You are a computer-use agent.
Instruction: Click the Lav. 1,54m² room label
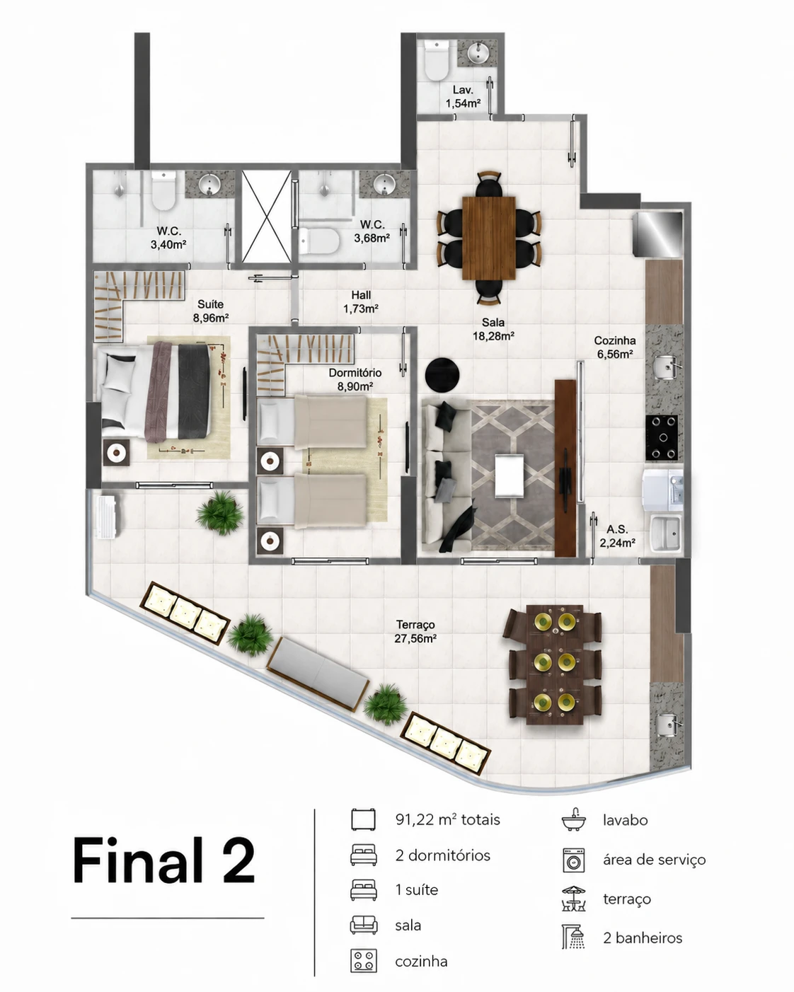point(463,96)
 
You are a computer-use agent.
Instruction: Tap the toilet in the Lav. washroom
point(437,60)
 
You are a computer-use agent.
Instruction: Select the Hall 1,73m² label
point(361,301)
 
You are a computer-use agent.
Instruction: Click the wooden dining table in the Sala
point(489,238)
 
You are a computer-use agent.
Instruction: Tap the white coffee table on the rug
point(510,475)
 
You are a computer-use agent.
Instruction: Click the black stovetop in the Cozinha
point(661,437)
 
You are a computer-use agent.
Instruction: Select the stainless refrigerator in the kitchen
point(658,234)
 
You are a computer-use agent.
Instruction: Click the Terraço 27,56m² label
point(415,631)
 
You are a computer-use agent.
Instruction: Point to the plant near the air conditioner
point(220,512)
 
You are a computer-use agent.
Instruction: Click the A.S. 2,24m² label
point(617,536)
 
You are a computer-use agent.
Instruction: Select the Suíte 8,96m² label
point(211,311)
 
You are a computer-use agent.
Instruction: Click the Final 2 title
point(163,860)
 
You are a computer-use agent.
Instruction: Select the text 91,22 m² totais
point(448,819)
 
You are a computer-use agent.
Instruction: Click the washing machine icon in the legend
point(574,860)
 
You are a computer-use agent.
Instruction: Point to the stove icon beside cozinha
point(363,961)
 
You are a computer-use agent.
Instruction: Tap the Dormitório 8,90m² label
point(355,379)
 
